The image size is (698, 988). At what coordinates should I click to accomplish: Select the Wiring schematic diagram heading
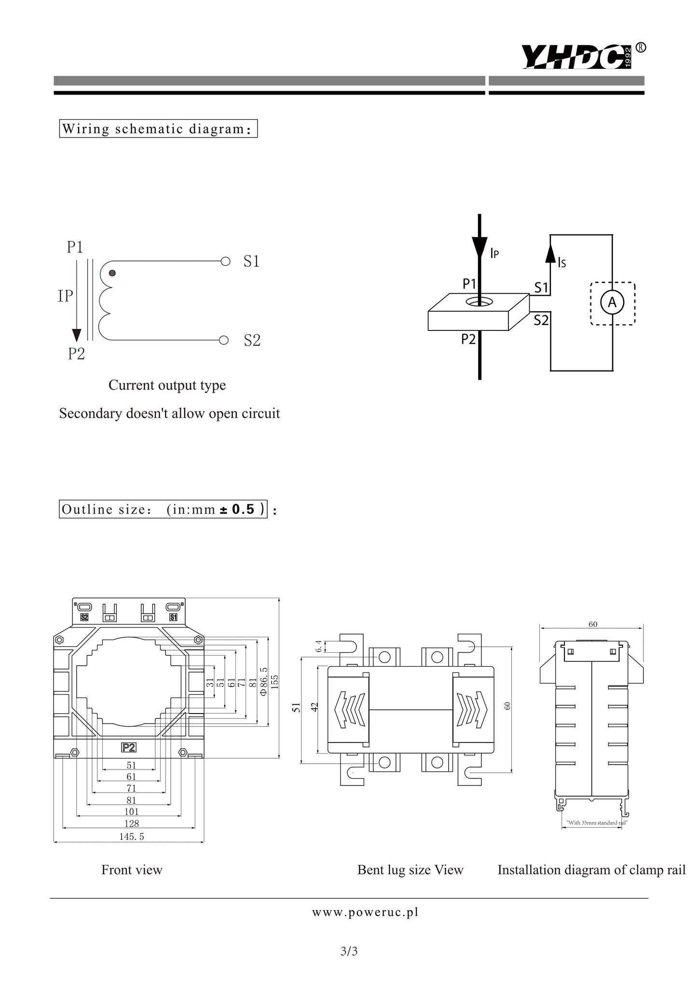click(x=158, y=129)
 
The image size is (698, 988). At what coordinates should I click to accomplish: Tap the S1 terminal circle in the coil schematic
click(x=225, y=261)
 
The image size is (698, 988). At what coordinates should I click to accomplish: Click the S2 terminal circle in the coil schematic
click(x=224, y=341)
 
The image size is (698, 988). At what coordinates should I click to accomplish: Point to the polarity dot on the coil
click(x=112, y=273)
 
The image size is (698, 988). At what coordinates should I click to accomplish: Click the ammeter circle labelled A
click(x=612, y=303)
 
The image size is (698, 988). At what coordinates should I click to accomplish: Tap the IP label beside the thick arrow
click(x=494, y=253)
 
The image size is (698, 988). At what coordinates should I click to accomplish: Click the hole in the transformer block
click(x=479, y=302)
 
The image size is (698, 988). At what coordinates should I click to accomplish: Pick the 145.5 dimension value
click(x=132, y=837)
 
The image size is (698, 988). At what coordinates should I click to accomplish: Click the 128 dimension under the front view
click(x=132, y=823)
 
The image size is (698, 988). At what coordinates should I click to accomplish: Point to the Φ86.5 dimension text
click(x=263, y=681)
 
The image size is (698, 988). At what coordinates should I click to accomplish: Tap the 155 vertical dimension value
click(x=275, y=681)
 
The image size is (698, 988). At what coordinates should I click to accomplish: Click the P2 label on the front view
click(x=129, y=747)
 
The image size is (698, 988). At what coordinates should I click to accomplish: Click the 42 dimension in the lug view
click(x=315, y=707)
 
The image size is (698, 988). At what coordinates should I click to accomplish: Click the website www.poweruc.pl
click(x=365, y=912)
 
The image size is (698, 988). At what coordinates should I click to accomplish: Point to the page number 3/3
click(x=349, y=951)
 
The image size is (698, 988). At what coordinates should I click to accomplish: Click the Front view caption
click(x=132, y=870)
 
